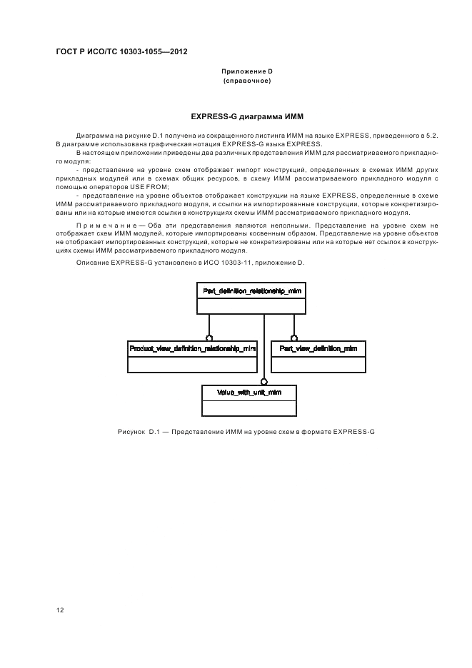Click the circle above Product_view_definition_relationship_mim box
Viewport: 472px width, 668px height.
pyautogui.click(x=209, y=337)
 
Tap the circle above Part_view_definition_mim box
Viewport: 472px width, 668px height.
pyautogui.click(x=293, y=337)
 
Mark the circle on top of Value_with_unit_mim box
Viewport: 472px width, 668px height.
pyautogui.click(x=263, y=381)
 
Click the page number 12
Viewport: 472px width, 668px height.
pyautogui.click(x=61, y=609)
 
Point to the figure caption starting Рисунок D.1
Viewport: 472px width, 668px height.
pyautogui.click(x=246, y=432)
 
